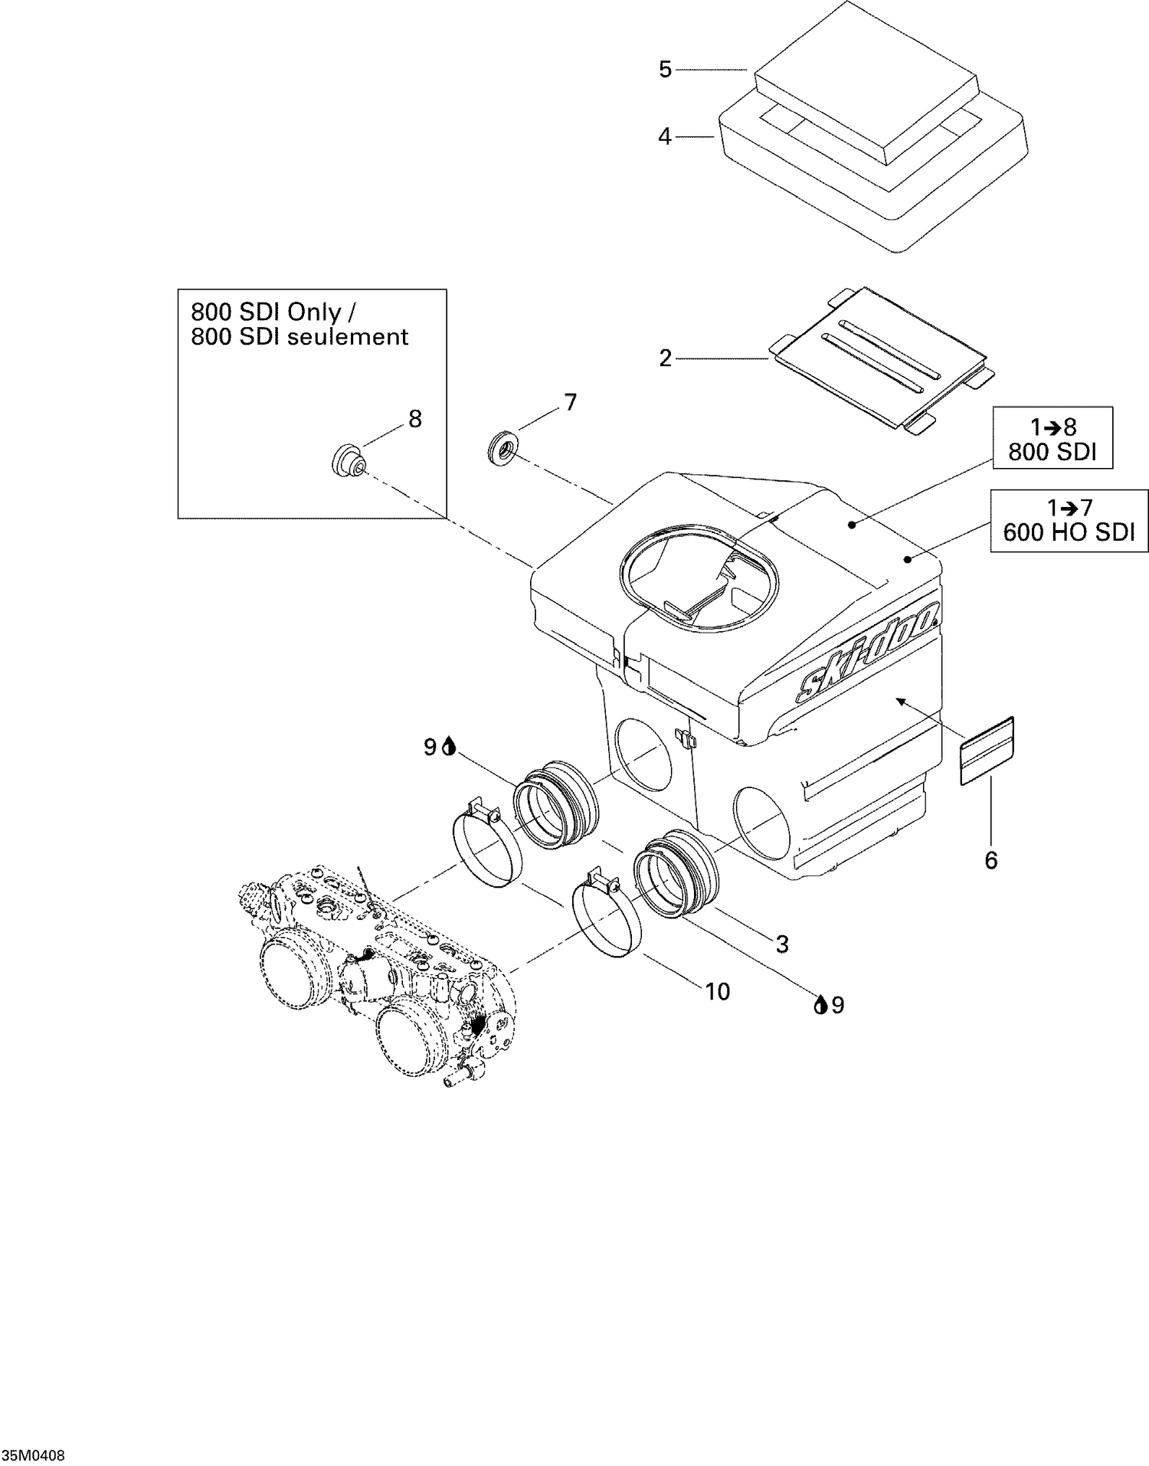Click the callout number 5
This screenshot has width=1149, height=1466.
pyautogui.click(x=665, y=70)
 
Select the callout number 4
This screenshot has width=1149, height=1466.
pyautogui.click(x=665, y=137)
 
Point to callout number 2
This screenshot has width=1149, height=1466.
pyautogui.click(x=665, y=358)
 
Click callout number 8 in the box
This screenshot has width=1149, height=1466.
pyautogui.click(x=414, y=419)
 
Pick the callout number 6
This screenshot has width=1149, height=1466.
pyautogui.click(x=991, y=861)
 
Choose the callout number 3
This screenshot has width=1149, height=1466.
pyautogui.click(x=782, y=944)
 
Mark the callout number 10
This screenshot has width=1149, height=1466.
pyautogui.click(x=718, y=992)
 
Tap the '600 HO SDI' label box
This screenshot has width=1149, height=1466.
pyautogui.click(x=1069, y=521)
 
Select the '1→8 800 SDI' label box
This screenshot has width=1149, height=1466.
pyautogui.click(x=1052, y=439)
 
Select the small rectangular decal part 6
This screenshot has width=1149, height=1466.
pyautogui.click(x=987, y=751)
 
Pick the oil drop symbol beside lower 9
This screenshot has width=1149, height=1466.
pyautogui.click(x=820, y=1004)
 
